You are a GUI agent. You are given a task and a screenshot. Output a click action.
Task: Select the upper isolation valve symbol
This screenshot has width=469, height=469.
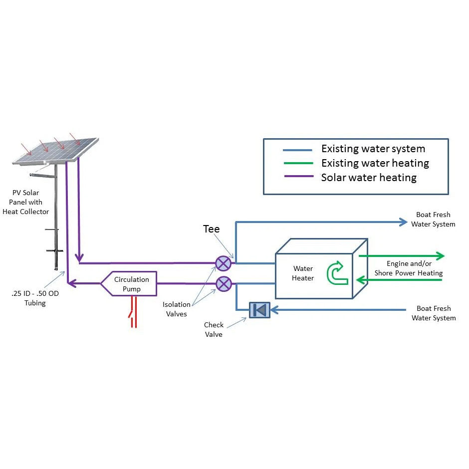(x=223, y=263)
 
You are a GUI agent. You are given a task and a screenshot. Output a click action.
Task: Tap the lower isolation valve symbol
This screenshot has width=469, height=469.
(x=223, y=284)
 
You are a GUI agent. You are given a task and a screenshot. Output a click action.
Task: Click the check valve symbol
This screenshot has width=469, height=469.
(x=259, y=310)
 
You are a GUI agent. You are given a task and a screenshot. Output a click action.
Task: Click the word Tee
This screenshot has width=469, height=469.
(x=211, y=229)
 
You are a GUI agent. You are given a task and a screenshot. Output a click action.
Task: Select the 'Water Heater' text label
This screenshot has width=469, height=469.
(x=303, y=273)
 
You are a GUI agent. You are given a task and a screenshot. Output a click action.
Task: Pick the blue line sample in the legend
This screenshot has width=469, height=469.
(x=298, y=150)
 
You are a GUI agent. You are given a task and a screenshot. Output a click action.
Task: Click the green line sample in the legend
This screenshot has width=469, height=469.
(x=298, y=164)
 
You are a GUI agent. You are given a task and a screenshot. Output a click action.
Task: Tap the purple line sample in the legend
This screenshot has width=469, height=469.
(x=298, y=177)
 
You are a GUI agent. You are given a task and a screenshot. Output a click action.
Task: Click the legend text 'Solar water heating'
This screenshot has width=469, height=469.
(x=369, y=177)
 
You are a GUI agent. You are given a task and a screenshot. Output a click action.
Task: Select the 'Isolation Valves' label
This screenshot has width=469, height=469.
(x=177, y=309)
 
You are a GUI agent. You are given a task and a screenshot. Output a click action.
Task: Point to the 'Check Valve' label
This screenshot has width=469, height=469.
(x=214, y=329)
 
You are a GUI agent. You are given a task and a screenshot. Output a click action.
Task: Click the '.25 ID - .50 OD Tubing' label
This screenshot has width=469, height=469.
(x=35, y=298)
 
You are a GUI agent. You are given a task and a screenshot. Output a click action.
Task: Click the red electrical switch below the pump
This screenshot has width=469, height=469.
(x=133, y=313)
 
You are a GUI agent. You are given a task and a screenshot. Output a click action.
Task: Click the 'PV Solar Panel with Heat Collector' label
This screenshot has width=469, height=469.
(x=31, y=202)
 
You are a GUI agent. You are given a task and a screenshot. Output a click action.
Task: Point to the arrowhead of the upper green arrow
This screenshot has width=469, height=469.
(x=440, y=256)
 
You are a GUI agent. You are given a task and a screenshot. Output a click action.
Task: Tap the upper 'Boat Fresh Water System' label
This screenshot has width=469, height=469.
(x=433, y=220)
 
